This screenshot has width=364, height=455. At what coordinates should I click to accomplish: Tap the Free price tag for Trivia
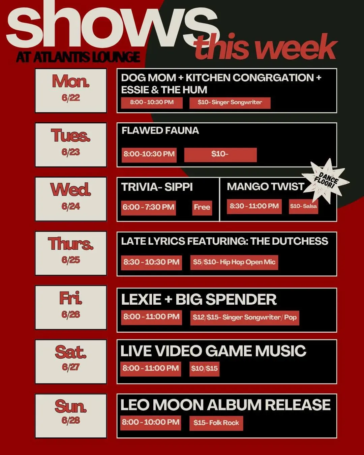(202, 208)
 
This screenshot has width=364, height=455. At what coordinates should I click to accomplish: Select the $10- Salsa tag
(304, 206)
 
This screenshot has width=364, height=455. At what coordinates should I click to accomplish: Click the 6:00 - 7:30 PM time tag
(148, 208)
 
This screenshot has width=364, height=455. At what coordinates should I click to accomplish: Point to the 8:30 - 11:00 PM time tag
(254, 206)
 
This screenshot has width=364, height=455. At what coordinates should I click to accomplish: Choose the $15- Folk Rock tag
(216, 423)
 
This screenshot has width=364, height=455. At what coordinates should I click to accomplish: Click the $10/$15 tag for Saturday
(204, 369)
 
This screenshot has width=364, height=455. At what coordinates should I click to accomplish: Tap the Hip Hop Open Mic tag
(234, 263)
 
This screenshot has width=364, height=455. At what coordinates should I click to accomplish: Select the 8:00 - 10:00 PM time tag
(151, 423)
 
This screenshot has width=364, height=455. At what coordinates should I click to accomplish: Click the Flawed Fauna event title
(160, 130)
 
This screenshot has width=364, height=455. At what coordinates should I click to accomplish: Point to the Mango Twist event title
(266, 187)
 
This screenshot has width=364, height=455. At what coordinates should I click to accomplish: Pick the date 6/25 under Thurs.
(71, 260)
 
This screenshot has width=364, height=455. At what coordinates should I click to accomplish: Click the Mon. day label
(71, 81)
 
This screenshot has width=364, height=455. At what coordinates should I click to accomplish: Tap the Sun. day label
(71, 406)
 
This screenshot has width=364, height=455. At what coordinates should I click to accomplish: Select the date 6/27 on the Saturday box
(71, 367)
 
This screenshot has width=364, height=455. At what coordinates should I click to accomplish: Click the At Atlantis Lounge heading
(78, 57)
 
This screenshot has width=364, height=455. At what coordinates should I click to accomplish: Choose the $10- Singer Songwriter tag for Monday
(230, 103)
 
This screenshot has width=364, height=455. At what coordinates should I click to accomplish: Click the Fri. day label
(71, 298)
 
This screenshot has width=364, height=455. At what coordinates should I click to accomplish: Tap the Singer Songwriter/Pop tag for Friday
(245, 318)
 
